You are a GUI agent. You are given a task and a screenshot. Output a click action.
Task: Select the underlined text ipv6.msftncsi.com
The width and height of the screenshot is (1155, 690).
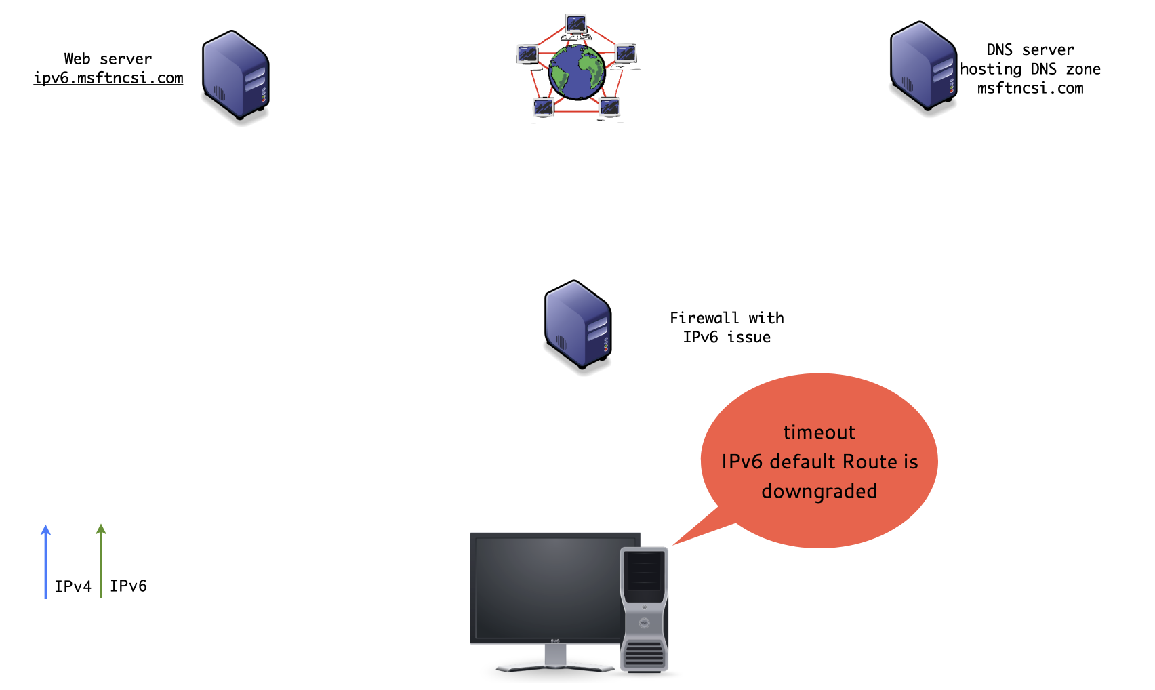(x=108, y=78)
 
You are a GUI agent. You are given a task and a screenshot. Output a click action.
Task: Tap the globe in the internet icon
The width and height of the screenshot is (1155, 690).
(x=577, y=71)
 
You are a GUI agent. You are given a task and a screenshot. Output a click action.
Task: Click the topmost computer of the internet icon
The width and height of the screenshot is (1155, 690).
(x=576, y=25)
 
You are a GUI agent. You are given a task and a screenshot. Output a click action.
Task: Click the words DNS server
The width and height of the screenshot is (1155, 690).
(x=1030, y=49)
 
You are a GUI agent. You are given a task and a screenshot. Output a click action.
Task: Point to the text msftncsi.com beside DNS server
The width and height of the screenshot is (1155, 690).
(x=1030, y=88)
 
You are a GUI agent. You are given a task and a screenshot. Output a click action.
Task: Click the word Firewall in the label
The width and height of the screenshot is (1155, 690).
(x=704, y=318)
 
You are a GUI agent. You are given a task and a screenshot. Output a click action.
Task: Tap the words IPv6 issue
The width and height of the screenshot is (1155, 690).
(x=726, y=337)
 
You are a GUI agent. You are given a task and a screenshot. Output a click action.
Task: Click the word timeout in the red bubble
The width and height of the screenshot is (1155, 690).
(x=819, y=432)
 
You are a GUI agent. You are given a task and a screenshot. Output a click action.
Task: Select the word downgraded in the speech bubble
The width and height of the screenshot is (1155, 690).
(x=819, y=491)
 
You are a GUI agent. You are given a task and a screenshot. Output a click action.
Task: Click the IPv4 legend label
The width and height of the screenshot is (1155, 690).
(x=73, y=586)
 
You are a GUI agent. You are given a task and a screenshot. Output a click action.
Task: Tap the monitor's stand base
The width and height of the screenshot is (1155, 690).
(x=554, y=668)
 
